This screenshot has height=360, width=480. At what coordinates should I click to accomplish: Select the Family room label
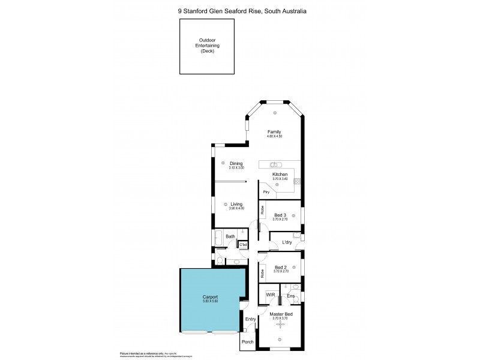274,132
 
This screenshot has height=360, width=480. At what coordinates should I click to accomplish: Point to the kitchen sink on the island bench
275,164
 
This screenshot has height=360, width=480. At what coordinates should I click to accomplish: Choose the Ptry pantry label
266,191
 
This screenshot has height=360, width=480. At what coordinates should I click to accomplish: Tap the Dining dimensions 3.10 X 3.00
236,168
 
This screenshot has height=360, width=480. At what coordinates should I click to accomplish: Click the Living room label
236,204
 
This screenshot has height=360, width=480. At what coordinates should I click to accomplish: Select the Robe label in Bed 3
262,210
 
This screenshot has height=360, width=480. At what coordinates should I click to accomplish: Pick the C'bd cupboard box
243,244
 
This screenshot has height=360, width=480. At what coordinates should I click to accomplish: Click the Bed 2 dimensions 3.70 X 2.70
281,271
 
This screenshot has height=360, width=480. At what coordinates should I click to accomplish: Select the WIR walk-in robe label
270,295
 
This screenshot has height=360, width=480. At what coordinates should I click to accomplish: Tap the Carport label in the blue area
210,298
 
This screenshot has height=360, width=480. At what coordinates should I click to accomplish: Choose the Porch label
247,342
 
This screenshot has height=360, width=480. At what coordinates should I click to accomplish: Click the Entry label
250,319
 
